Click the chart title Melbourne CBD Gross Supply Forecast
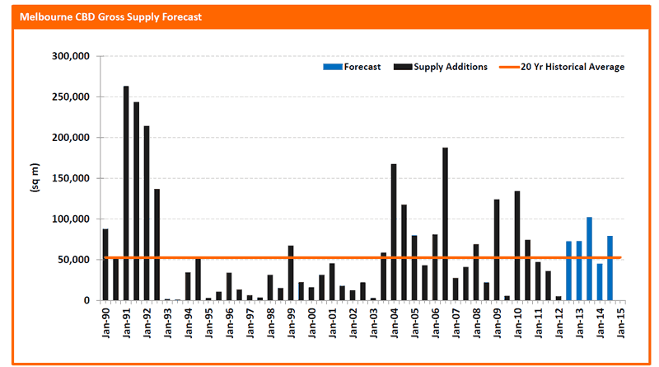click(110, 17)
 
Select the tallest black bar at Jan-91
click(126, 193)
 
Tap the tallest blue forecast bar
click(589, 259)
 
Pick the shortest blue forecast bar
click(600, 282)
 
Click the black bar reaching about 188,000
click(445, 223)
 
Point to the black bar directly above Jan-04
click(394, 233)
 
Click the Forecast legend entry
click(352, 67)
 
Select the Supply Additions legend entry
click(441, 67)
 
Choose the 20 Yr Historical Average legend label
click(573, 67)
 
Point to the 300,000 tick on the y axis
click(71, 56)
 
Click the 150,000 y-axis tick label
click(71, 178)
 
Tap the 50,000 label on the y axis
click(73, 260)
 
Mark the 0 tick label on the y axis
click(86, 300)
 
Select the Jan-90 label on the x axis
click(105, 322)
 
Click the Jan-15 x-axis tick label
click(620, 322)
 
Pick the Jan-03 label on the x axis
click(373, 322)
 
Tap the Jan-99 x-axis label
click(291, 322)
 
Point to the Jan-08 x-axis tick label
click(476, 322)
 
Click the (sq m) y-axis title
click(35, 177)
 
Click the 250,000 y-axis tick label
click(71, 96)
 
